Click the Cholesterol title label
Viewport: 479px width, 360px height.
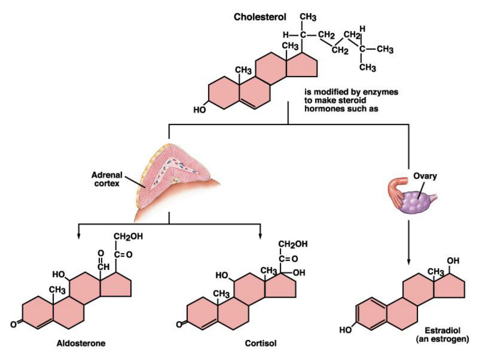pos(260,17)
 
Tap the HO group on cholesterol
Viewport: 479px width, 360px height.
pos(200,110)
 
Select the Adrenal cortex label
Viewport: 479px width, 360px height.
pos(107,179)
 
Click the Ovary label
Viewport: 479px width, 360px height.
pos(425,176)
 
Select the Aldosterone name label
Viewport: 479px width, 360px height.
pos(81,343)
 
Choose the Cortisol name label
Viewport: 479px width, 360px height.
pos(261,343)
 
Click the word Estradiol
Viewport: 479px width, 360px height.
pos(442,330)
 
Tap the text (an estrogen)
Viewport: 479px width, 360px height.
pos(442,339)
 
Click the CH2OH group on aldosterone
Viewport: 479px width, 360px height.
pos(128,237)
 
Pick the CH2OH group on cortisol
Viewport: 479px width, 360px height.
pos(293,244)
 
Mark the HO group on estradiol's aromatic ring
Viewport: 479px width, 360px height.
pos(345,330)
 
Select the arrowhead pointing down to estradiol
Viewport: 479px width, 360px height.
pos(408,262)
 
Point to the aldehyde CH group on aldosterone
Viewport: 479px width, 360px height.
pos(103,267)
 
